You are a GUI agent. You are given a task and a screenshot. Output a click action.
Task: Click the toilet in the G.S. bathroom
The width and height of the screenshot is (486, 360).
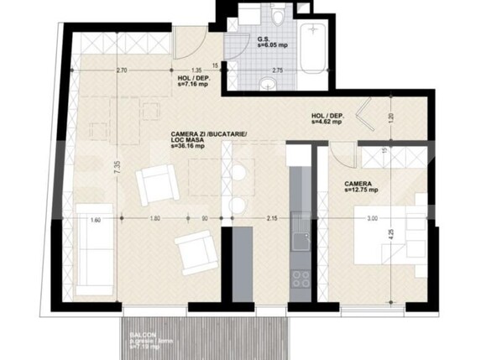tap(278, 18)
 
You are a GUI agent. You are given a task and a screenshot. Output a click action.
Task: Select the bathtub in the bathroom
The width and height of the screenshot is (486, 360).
tap(315, 50)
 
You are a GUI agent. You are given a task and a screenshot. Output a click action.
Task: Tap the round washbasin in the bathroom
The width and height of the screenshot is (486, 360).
tap(268, 81)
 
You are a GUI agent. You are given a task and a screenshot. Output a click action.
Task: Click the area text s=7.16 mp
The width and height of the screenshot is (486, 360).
tap(194, 85)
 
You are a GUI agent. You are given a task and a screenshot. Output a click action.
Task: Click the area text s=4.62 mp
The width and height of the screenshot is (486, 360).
tap(327, 122)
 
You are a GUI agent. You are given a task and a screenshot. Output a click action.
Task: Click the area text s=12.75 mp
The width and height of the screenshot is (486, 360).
tap(363, 190)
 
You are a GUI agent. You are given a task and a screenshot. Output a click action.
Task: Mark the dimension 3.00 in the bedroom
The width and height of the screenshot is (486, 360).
tap(372, 219)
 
